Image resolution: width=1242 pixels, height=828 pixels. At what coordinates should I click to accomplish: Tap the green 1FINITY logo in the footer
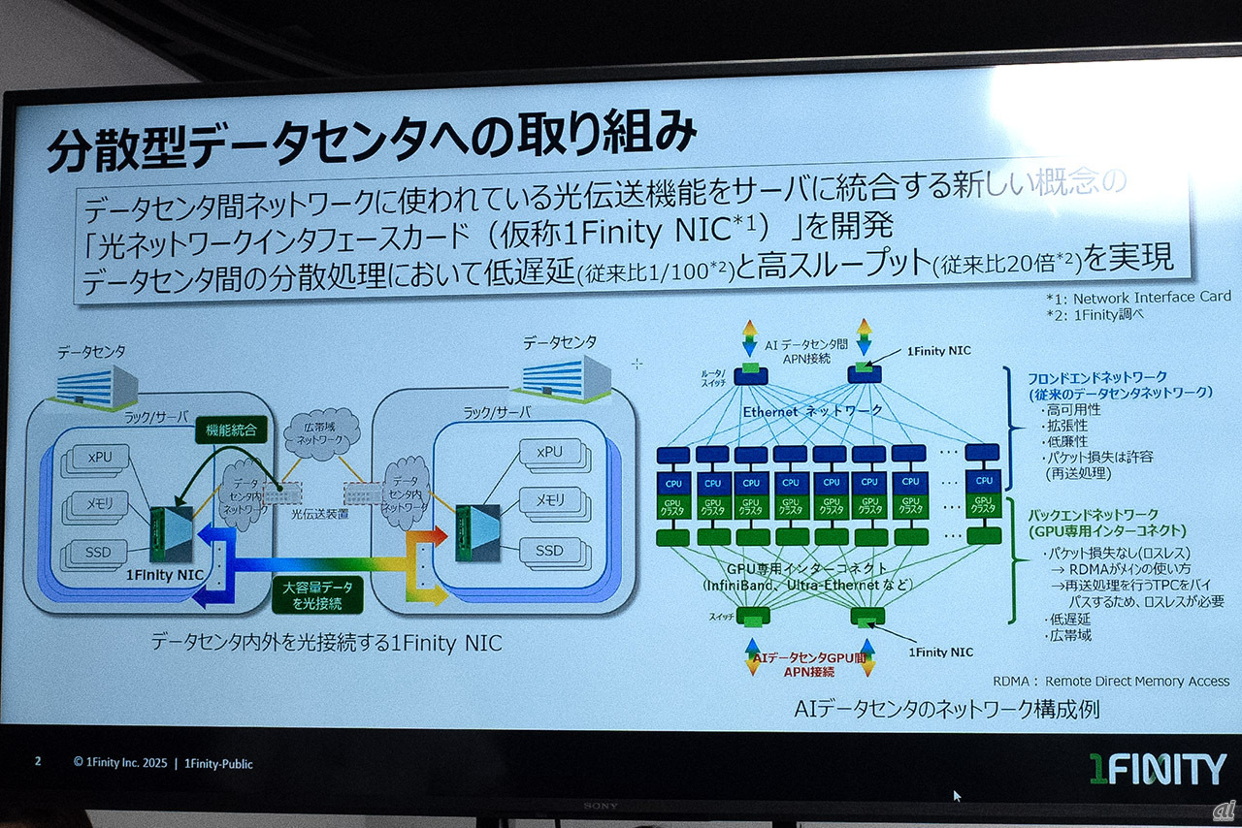click(1158, 768)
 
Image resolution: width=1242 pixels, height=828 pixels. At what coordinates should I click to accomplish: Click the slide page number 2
click(38, 763)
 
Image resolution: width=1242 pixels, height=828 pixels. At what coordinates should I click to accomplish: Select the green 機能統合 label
click(231, 430)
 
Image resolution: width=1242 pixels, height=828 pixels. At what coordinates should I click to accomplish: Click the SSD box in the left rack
click(100, 552)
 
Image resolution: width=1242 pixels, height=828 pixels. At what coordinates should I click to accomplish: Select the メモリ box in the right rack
click(550, 500)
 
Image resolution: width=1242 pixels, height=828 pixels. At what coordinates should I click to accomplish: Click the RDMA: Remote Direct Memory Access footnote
click(1112, 681)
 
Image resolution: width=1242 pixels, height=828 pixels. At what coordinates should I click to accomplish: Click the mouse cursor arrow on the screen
click(957, 795)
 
